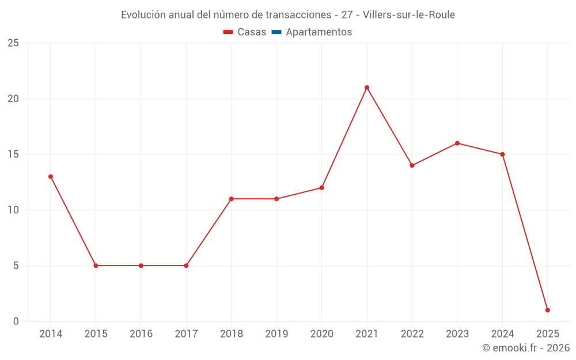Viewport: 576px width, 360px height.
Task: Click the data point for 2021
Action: pyautogui.click(x=367, y=88)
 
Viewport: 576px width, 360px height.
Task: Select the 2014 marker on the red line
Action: pyautogui.click(x=51, y=177)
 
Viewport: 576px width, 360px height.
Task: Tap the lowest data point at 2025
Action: pyautogui.click(x=547, y=310)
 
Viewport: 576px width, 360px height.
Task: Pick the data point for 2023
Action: pyautogui.click(x=457, y=143)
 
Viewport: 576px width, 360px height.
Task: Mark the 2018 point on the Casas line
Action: pyautogui.click(x=231, y=199)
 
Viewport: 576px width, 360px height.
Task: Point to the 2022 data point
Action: pyautogui.click(x=412, y=165)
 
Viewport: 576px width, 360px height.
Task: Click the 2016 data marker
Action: pyautogui.click(x=141, y=266)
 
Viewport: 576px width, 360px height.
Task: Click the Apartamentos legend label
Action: pyautogui.click(x=319, y=32)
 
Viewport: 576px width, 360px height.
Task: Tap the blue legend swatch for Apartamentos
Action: pyautogui.click(x=276, y=32)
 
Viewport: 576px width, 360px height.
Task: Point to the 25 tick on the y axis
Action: pyautogui.click(x=13, y=43)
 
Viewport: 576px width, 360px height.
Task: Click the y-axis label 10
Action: pyautogui.click(x=13, y=210)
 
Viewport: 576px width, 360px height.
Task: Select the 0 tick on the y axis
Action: pyautogui.click(x=16, y=321)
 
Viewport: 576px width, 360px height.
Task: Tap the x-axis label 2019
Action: pyautogui.click(x=276, y=334)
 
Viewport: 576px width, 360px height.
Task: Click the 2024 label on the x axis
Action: pyautogui.click(x=502, y=334)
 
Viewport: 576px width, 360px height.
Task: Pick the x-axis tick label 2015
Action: pyautogui.click(x=96, y=334)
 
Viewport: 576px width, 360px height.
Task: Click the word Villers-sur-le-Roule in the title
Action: pyautogui.click(x=409, y=15)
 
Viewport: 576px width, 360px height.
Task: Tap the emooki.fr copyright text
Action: pyautogui.click(x=526, y=348)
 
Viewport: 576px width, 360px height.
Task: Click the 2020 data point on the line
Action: pyautogui.click(x=321, y=188)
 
